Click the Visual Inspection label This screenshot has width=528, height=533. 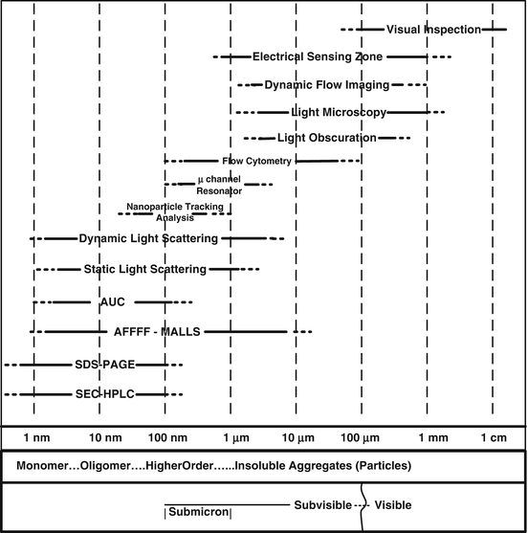click(433, 30)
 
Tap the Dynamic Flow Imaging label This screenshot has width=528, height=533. click(326, 85)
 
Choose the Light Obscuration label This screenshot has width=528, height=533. click(326, 139)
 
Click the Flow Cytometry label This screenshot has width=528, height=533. click(256, 161)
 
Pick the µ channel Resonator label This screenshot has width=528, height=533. click(219, 186)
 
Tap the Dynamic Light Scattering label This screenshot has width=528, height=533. click(148, 238)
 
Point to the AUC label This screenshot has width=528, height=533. click(112, 302)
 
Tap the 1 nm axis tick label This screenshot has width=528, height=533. click(36, 438)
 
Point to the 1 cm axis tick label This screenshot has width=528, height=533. click(493, 438)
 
